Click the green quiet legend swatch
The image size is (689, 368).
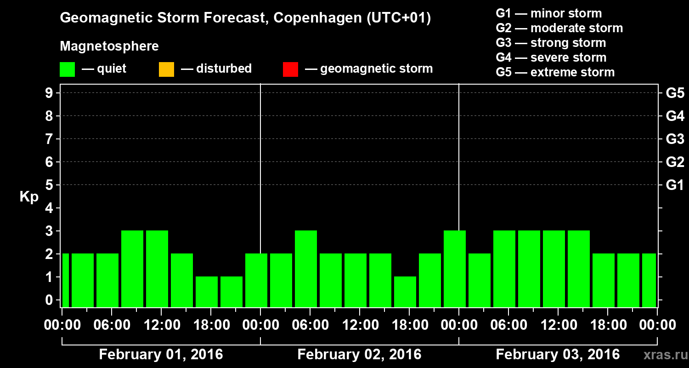tap(67, 69)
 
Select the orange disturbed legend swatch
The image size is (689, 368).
tap(166, 69)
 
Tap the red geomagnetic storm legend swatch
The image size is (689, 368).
tap(290, 69)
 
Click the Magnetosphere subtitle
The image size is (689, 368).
tap(109, 46)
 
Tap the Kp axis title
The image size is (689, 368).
tap(29, 196)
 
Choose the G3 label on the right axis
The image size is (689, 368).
tap(675, 139)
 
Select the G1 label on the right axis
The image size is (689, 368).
tap(675, 185)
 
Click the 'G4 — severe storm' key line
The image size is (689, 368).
tap(551, 57)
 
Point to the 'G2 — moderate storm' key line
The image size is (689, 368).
tap(559, 28)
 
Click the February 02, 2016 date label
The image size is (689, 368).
tap(359, 355)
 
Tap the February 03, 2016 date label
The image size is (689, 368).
tap(558, 355)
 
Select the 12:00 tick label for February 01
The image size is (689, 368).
tap(161, 325)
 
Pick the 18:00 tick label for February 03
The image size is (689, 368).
tap(608, 325)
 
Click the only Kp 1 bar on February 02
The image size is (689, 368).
tap(405, 292)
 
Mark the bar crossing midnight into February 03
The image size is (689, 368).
tap(455, 269)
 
